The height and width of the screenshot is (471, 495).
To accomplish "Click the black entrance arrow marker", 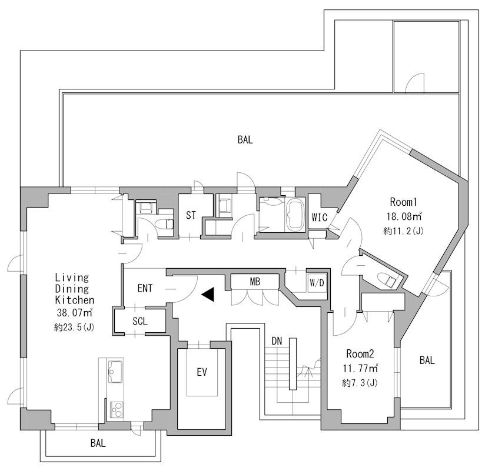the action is pyautogui.click(x=208, y=295).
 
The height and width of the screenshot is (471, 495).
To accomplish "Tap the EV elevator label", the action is pyautogui.click(x=202, y=372).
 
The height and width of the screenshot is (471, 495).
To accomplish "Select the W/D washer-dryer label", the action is pyautogui.click(x=317, y=283).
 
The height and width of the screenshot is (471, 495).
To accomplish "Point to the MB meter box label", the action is pyautogui.click(x=255, y=282).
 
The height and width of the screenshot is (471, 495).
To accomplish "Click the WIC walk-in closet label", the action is pyautogui.click(x=319, y=218).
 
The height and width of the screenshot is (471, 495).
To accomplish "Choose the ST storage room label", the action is pyautogui.click(x=191, y=215).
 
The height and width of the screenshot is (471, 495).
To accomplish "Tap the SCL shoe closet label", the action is pyautogui.click(x=140, y=321).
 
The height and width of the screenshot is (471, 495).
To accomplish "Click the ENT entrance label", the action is pyautogui.click(x=145, y=288).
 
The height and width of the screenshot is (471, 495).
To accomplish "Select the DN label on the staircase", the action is pyautogui.click(x=277, y=340).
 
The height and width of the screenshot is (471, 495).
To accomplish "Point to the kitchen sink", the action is pyautogui.click(x=115, y=371).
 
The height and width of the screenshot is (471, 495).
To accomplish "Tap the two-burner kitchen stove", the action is pyautogui.click(x=117, y=410).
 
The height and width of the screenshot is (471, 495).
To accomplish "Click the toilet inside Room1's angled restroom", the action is pyautogui.click(x=387, y=279).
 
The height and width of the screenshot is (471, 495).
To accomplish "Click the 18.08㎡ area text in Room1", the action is pyautogui.click(x=404, y=216).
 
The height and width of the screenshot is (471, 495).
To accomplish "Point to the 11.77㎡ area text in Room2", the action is pyautogui.click(x=360, y=368).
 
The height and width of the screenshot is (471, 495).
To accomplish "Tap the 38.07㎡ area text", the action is pyautogui.click(x=75, y=312).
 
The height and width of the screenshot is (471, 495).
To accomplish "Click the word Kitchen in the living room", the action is pyautogui.click(x=75, y=300).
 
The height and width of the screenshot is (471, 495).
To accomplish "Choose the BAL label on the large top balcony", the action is pyautogui.click(x=245, y=140).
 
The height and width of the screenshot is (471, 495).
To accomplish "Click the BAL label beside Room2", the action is pyautogui.click(x=427, y=360).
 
